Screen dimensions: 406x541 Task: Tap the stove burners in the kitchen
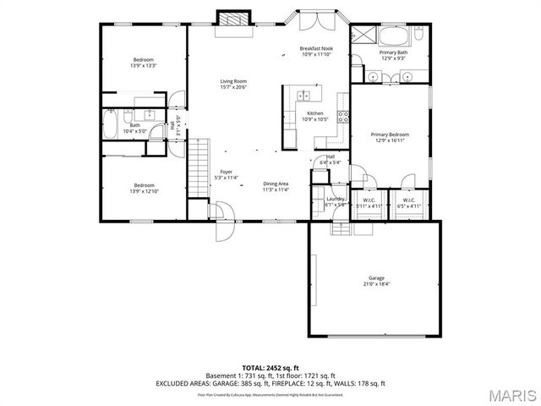[x=343, y=117]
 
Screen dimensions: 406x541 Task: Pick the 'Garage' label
[x=376, y=277]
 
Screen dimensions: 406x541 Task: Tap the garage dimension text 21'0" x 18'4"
[x=376, y=285]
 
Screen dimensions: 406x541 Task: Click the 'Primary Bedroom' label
[x=390, y=134]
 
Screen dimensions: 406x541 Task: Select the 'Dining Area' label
[x=276, y=184]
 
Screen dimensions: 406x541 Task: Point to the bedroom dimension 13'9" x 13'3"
[x=145, y=66]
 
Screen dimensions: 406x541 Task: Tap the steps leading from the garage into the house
[x=339, y=226]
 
